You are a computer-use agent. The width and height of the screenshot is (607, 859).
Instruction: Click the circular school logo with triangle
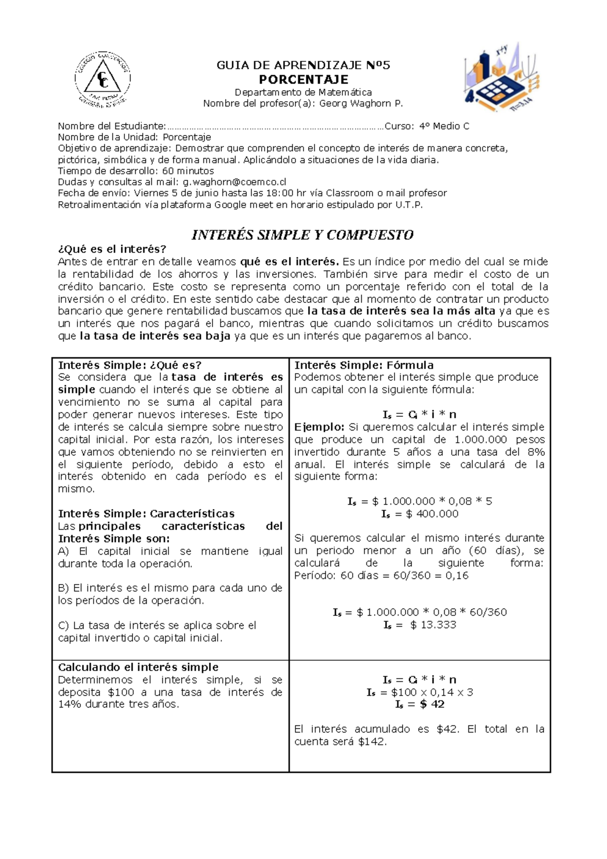coord(103,80)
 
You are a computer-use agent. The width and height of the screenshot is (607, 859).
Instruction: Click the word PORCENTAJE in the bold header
coord(303,80)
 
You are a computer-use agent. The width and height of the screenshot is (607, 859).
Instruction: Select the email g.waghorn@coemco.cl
coord(235,182)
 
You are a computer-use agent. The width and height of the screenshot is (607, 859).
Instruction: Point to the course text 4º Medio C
coord(444,126)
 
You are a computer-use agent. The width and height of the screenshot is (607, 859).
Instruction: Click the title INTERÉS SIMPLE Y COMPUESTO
coord(302,235)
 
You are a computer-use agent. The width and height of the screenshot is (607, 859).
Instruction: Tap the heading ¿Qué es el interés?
coord(112,249)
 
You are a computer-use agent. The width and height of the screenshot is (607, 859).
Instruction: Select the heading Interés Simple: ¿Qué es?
coord(130,365)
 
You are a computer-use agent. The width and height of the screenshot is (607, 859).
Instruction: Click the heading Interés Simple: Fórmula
coord(364,365)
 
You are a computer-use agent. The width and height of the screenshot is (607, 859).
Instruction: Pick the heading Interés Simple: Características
coord(146,514)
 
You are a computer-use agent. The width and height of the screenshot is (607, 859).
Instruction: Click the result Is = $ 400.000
coord(419,514)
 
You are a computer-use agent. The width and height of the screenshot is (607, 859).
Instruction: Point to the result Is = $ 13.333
coord(419,625)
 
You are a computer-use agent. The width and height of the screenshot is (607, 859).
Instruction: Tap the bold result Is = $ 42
coord(419,705)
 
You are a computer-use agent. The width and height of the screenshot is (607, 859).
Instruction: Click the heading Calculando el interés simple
coord(138,668)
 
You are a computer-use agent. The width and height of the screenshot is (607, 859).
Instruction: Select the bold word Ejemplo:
coord(319,427)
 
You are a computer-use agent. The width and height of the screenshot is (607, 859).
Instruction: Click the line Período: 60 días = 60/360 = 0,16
coord(381,576)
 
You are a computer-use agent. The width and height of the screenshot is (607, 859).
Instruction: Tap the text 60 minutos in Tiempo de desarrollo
coord(188,171)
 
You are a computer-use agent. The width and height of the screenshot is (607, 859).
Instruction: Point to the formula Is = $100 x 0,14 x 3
coord(419,692)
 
